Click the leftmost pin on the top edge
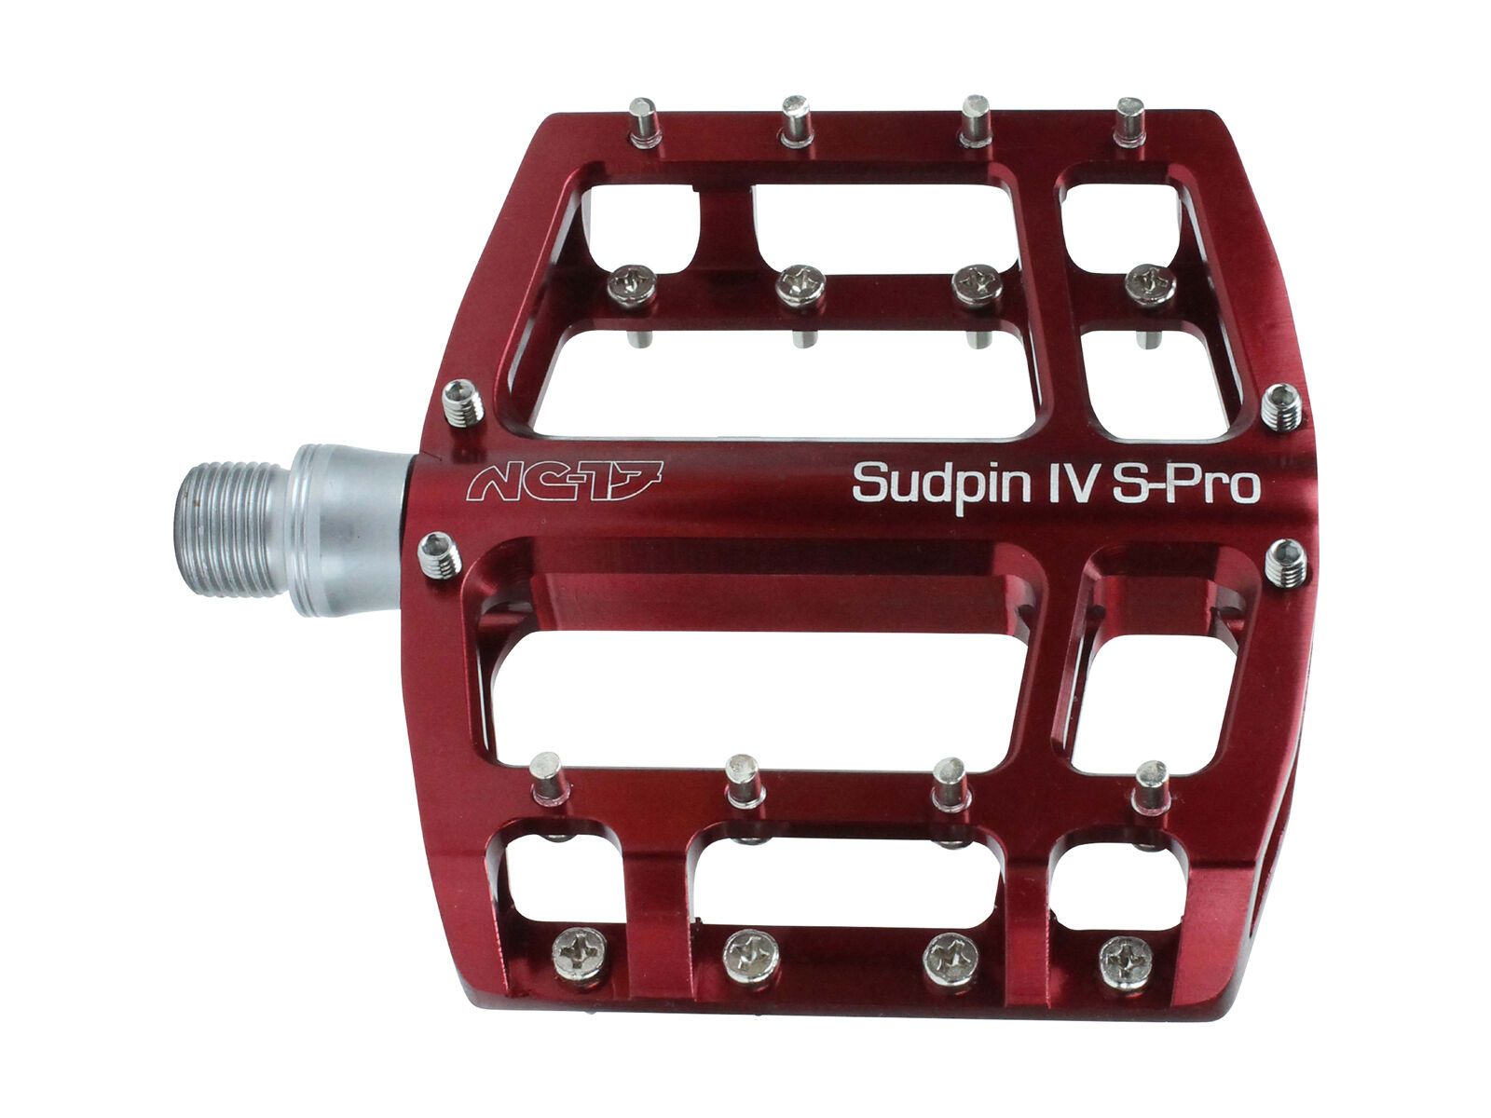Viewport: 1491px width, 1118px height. click(644, 123)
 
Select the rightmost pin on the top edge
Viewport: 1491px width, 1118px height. click(1129, 120)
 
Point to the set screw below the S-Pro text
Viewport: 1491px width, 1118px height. click(1287, 564)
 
